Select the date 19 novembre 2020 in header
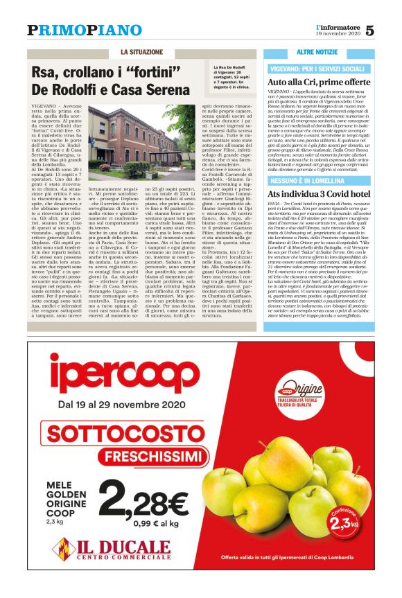click(x=337, y=34)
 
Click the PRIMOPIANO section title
click(x=74, y=30)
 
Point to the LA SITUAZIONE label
click(x=141, y=53)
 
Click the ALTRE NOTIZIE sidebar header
click(x=317, y=53)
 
